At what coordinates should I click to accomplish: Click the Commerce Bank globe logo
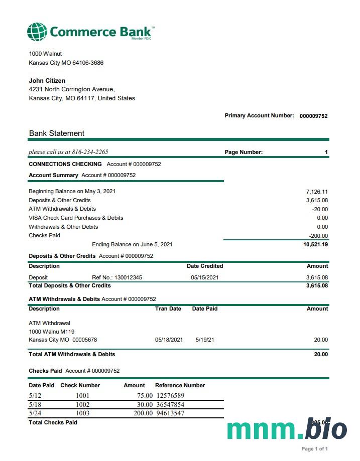click(x=37, y=31)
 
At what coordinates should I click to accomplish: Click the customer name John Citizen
click(x=47, y=81)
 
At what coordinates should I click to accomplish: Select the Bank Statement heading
click(x=57, y=133)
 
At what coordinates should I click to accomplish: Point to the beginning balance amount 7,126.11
click(x=317, y=192)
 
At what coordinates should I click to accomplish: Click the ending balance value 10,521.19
click(x=316, y=245)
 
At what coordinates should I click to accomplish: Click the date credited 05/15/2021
click(x=205, y=277)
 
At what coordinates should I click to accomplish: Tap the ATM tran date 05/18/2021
click(x=169, y=340)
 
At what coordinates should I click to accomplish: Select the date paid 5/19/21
click(x=205, y=340)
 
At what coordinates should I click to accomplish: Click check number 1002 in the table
click(x=82, y=405)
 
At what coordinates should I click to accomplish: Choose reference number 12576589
click(x=170, y=396)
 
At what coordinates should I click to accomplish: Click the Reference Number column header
click(x=180, y=385)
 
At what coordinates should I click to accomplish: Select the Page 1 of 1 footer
click(x=314, y=449)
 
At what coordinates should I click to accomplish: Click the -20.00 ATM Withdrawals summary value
click(x=319, y=209)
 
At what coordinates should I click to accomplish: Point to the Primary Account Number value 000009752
click(x=313, y=116)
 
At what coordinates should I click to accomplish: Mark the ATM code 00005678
click(x=84, y=340)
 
